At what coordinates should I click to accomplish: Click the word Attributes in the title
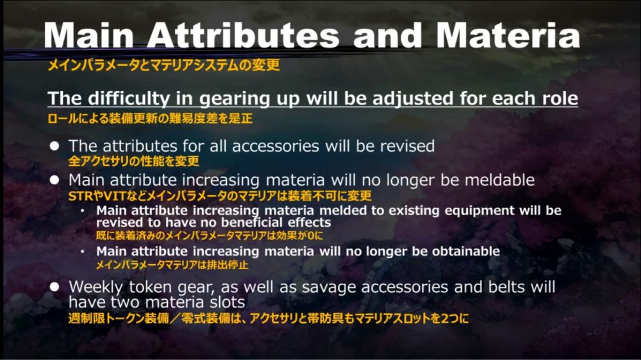(243, 35)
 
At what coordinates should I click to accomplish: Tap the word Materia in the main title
(508, 35)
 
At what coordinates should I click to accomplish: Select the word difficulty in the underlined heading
(129, 99)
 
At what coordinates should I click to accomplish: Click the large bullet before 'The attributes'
(54, 146)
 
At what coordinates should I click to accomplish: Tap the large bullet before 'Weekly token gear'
(54, 287)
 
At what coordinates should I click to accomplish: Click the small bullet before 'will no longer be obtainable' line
(83, 251)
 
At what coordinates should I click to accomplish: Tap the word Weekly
(96, 287)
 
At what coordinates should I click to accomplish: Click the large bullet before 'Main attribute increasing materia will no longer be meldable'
(54, 180)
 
